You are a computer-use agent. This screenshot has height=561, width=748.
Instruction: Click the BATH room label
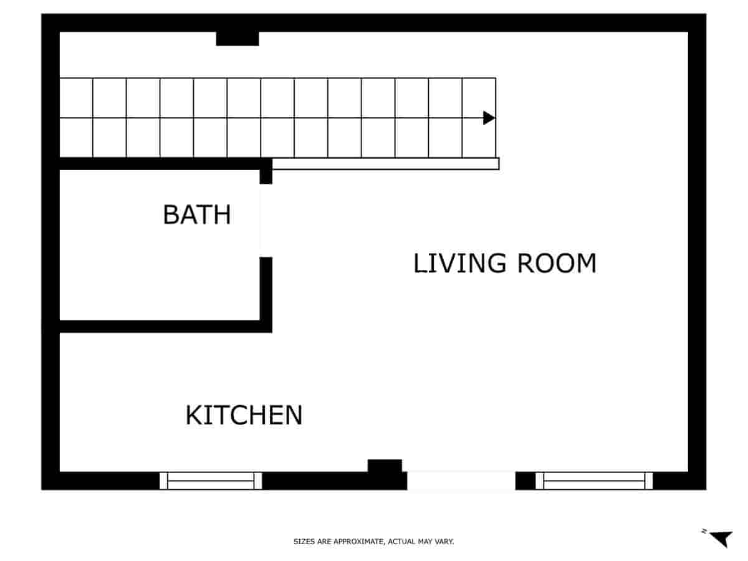[196, 214]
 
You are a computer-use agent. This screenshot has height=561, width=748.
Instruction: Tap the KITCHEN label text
[244, 415]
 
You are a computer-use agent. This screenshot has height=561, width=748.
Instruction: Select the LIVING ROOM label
[505, 263]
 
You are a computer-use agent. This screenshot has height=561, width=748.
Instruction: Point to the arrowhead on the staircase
[489, 118]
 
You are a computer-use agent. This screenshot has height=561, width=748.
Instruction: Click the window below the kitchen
[211, 481]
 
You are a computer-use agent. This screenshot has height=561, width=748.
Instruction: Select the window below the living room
[594, 481]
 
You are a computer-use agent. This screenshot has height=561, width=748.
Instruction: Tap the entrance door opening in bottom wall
[461, 481]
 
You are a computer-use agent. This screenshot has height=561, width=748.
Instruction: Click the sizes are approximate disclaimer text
[373, 542]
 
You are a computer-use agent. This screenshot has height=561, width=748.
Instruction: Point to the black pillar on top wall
[237, 39]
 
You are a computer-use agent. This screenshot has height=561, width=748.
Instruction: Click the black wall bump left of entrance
[385, 466]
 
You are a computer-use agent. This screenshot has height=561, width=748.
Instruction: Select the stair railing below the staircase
[385, 164]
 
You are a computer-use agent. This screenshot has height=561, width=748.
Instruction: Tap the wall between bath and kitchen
[159, 326]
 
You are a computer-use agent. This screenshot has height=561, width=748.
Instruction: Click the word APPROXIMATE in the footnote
[358, 542]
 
